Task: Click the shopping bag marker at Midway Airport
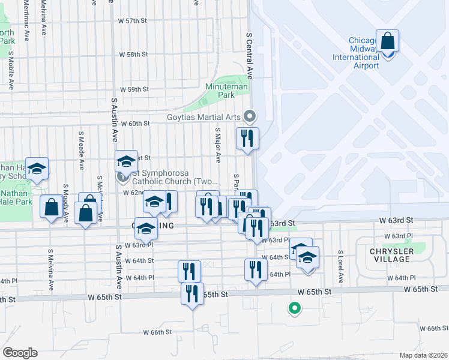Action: tap(387, 42)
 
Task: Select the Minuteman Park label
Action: tap(226, 91)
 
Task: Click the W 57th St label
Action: tap(133, 20)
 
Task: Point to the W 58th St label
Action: tap(133, 54)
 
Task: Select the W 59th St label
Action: tap(134, 89)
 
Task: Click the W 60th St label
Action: tap(134, 123)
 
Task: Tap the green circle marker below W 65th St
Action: tap(294, 309)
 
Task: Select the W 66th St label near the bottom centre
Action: tap(157, 332)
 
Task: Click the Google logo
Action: tap(20, 353)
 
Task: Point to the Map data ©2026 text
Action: tap(423, 355)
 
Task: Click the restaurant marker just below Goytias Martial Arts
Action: tap(247, 139)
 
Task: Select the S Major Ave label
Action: tap(218, 144)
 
